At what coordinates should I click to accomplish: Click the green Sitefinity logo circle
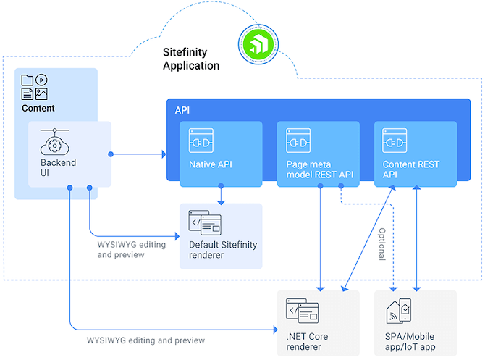(257, 45)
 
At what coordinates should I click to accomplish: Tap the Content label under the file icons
(38, 109)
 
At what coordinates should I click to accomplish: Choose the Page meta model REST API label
(317, 169)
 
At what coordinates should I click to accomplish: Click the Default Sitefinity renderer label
(222, 250)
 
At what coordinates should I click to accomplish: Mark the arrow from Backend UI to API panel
(138, 154)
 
